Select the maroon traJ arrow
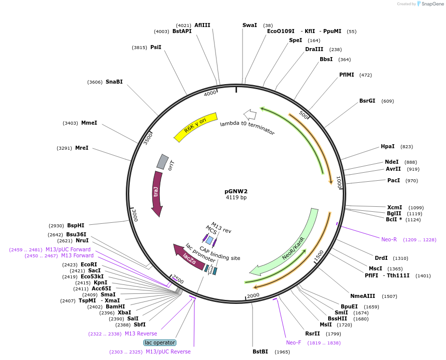tap(157, 193)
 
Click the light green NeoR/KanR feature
tap(291, 245)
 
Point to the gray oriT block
tap(162, 161)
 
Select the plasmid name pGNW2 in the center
tap(236, 191)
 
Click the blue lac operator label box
tap(160, 342)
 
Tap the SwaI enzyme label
tap(250, 25)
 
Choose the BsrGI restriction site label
tap(367, 101)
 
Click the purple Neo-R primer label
tap(389, 239)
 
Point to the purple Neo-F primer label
tap(294, 342)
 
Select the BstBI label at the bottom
tap(261, 351)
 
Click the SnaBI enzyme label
tap(114, 82)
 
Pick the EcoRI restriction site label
tap(89, 264)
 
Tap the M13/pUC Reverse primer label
tap(168, 351)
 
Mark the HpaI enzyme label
tap(388, 146)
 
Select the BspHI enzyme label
tap(76, 225)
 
